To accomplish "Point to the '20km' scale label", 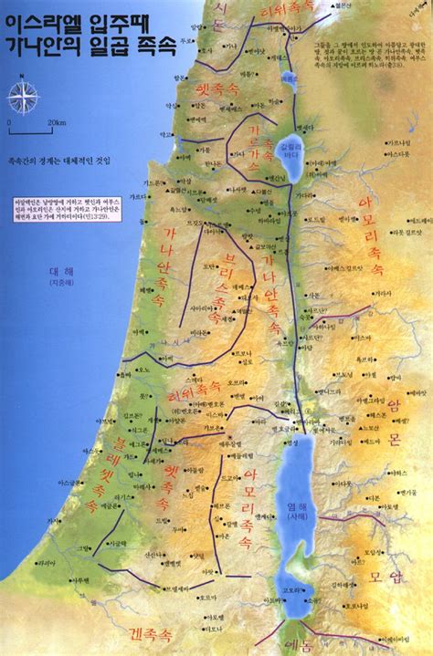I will click(56, 122).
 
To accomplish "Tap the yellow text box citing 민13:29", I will click(43, 214).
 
